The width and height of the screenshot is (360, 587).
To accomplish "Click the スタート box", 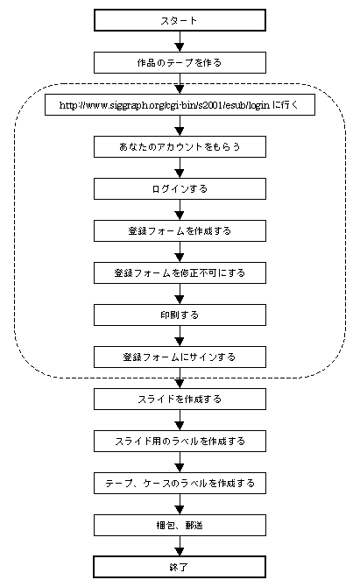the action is click(x=180, y=20).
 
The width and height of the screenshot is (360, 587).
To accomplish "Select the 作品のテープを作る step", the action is click(x=180, y=62).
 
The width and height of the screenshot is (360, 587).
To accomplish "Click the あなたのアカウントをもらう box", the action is click(x=180, y=147).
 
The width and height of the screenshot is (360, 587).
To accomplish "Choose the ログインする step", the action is click(x=180, y=188).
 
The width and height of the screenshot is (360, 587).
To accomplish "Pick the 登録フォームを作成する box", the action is click(x=180, y=231).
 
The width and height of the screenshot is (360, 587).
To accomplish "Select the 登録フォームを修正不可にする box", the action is click(x=180, y=272).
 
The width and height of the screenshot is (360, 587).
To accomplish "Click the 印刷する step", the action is click(x=180, y=315).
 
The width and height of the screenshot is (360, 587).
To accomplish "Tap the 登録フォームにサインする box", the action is click(x=180, y=357).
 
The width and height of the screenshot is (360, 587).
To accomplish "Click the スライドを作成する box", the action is click(x=180, y=399).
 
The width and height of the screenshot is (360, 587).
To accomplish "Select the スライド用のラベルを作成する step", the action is click(x=180, y=441).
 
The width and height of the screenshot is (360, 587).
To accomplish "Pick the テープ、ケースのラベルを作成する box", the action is click(x=180, y=484).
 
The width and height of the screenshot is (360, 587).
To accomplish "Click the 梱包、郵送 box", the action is click(x=180, y=525).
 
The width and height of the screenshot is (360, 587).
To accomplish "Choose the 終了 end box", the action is click(x=180, y=567).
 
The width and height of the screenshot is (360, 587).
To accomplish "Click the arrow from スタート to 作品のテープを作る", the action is click(x=180, y=41).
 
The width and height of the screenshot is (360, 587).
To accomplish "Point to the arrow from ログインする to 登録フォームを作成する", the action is click(x=180, y=210).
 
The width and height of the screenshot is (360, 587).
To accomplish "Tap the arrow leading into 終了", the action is click(x=180, y=546).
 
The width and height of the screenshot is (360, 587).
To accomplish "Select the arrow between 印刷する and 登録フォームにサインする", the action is click(x=180, y=336).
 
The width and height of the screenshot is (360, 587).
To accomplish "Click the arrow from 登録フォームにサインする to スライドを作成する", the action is click(x=180, y=378).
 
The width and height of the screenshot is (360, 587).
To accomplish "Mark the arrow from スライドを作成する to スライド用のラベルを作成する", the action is click(x=180, y=420).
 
